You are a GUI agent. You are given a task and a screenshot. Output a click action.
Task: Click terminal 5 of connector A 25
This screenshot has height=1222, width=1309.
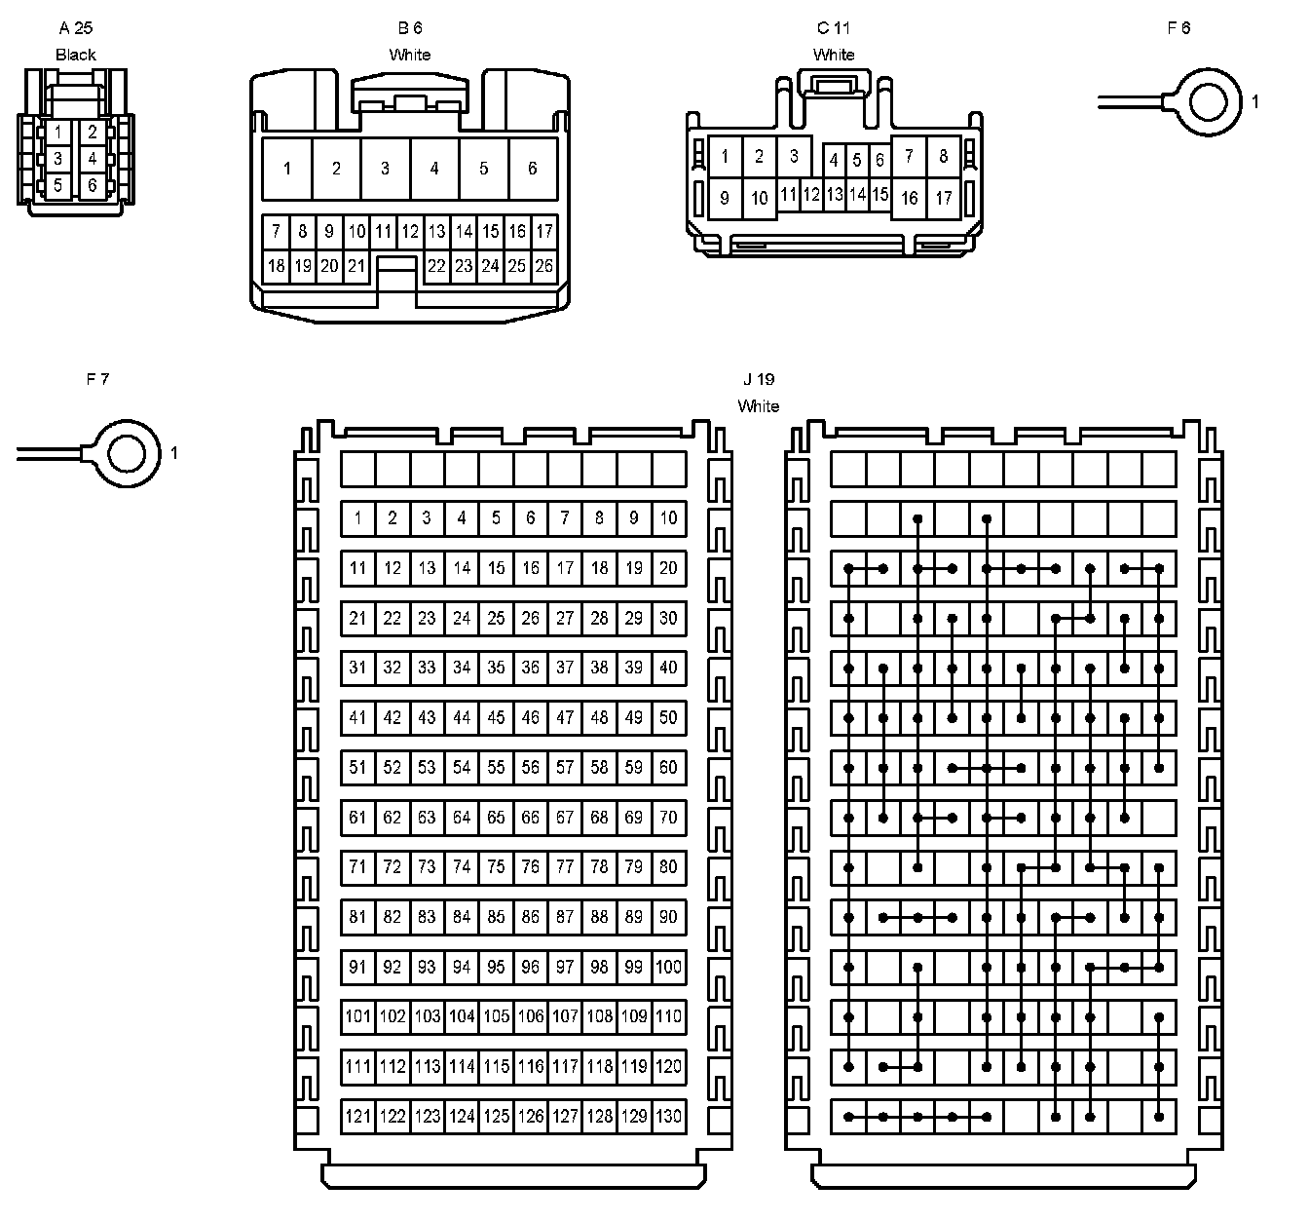point(58,185)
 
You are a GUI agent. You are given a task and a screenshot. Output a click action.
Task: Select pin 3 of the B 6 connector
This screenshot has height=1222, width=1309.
point(385,169)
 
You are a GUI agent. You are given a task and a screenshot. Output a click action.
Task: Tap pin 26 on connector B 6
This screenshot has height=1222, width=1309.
point(544,265)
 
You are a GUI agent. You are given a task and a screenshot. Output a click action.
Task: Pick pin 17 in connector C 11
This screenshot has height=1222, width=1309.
point(943,199)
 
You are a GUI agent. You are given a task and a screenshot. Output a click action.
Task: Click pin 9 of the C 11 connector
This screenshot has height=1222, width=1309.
point(725,199)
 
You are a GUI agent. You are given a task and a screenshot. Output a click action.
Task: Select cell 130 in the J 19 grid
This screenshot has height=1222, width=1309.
point(668,1116)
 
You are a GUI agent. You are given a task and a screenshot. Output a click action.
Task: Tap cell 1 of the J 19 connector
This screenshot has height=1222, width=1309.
point(357,517)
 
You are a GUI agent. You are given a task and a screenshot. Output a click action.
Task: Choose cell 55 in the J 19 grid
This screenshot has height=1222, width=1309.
point(496,767)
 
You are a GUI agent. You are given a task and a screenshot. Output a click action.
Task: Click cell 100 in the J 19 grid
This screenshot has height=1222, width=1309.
point(668,967)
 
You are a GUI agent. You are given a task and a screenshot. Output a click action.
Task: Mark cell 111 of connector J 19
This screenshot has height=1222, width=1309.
point(357,1066)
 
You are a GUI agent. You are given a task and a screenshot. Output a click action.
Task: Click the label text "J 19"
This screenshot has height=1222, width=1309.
point(758,379)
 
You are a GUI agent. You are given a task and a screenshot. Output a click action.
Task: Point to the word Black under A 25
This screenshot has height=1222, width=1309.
point(76,55)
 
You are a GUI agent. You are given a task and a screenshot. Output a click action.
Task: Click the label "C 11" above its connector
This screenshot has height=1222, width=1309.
point(834,28)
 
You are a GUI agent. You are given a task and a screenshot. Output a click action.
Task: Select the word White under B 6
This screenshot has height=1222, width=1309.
point(409,55)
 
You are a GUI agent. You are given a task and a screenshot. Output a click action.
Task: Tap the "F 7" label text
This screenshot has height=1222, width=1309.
point(97,379)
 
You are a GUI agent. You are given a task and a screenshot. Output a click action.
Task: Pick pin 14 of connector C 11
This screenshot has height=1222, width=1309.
point(857,195)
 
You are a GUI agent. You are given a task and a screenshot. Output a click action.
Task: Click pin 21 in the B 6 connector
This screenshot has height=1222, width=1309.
point(356,265)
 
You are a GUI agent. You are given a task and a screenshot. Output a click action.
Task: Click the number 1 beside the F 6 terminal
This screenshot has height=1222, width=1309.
point(1255,101)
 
